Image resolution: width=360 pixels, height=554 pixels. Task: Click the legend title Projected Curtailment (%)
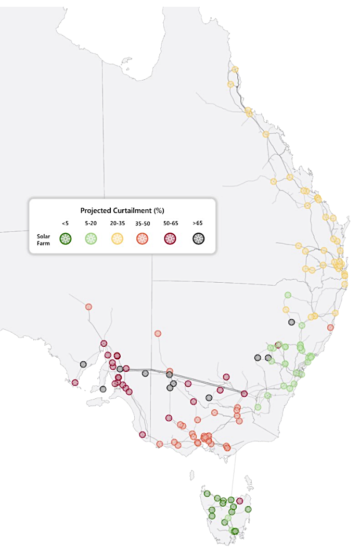[x=122, y=210]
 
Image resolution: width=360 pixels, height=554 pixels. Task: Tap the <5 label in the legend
[x=65, y=223]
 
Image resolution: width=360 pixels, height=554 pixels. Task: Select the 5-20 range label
[x=91, y=223]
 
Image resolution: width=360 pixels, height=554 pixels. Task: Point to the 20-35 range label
[x=117, y=223]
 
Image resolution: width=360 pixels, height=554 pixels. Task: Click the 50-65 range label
[x=171, y=223]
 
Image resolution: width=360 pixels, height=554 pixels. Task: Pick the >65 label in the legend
[x=198, y=223]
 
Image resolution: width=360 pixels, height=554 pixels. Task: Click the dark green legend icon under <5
[x=65, y=239]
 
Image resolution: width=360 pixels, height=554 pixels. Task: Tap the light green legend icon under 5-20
[x=91, y=239]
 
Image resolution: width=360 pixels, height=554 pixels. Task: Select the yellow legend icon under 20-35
[x=117, y=239]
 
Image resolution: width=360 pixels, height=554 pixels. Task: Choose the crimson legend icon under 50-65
[x=171, y=239]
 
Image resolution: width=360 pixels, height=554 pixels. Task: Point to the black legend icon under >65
[x=198, y=239]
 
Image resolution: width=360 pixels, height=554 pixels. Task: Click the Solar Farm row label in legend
[x=43, y=240]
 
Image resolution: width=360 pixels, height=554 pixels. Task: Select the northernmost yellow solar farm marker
[x=235, y=69]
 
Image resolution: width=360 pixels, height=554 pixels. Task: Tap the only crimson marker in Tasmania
[x=239, y=501]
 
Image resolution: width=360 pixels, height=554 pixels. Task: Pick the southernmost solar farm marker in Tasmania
[x=235, y=531]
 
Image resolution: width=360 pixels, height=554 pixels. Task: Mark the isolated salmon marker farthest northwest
[x=89, y=307]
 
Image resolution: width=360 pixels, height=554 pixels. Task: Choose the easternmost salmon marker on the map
[x=330, y=328]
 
